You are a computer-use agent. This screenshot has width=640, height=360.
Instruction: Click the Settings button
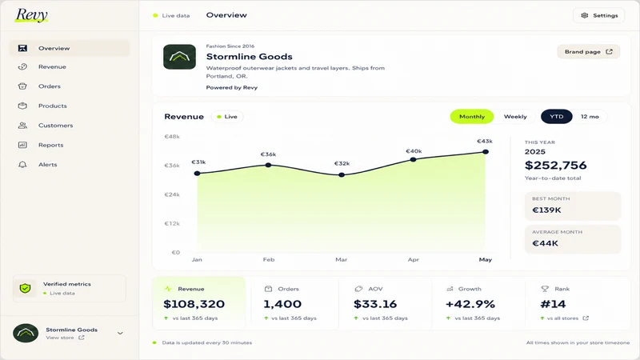click(x=598, y=15)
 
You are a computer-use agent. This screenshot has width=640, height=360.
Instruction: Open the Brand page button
click(x=588, y=52)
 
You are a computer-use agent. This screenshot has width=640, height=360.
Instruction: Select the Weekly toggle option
click(x=515, y=117)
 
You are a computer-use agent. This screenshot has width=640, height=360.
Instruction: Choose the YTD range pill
click(x=556, y=117)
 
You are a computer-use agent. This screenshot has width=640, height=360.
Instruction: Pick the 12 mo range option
click(x=590, y=117)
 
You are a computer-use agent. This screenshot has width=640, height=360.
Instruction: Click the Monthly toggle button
click(x=472, y=117)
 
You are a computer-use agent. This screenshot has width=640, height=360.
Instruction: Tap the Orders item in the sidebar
click(x=50, y=86)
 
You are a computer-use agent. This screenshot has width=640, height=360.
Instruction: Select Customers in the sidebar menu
click(x=55, y=126)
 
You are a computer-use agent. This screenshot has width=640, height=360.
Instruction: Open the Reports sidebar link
click(x=50, y=146)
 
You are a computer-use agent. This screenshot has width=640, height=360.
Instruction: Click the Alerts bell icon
click(x=22, y=165)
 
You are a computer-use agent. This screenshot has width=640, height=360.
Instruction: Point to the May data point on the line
click(x=486, y=152)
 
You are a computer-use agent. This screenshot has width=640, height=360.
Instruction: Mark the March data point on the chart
click(x=342, y=174)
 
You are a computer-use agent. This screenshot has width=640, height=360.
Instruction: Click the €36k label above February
click(x=268, y=154)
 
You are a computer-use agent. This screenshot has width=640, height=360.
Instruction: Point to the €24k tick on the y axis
click(x=172, y=194)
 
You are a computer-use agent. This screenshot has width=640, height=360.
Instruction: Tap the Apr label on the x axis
click(x=413, y=259)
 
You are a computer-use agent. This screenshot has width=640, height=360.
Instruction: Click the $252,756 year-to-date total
click(x=555, y=166)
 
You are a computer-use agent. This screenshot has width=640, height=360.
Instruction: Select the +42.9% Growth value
click(x=470, y=304)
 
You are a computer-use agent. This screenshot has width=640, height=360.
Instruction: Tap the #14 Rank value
click(x=553, y=304)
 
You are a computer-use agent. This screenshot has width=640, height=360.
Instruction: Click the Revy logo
click(x=31, y=15)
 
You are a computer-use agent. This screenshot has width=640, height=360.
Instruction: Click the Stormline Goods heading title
click(x=249, y=57)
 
